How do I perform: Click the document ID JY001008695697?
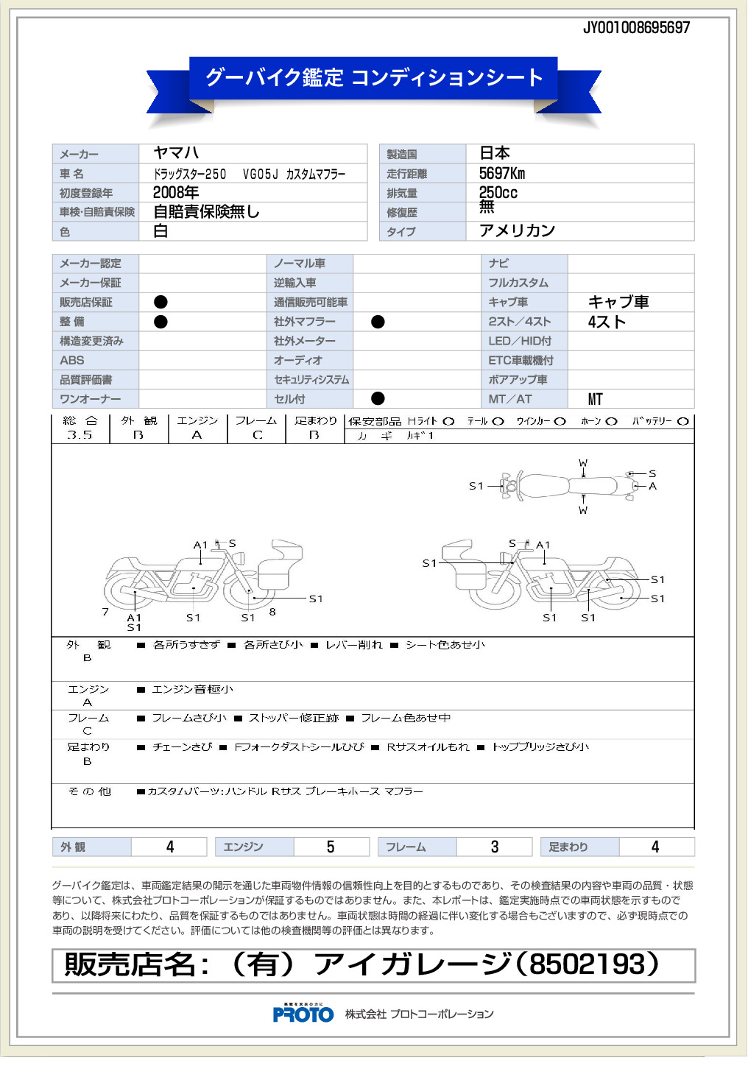636,28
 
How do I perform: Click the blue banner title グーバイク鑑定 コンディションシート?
374,77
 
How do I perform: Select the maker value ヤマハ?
176,153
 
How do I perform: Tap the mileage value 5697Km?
502,174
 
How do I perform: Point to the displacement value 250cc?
498,193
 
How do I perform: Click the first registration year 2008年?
176,193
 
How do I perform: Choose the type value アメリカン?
517,231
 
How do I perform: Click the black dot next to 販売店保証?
160,302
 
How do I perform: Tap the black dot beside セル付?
378,398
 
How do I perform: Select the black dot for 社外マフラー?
378,322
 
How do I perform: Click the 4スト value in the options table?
607,322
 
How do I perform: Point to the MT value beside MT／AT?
596,399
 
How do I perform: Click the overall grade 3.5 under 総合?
80,435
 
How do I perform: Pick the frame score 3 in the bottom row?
495,847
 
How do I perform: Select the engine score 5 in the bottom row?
331,847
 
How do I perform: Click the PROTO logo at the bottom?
303,1014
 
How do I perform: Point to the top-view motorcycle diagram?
567,486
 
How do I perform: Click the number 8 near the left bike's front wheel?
272,612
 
